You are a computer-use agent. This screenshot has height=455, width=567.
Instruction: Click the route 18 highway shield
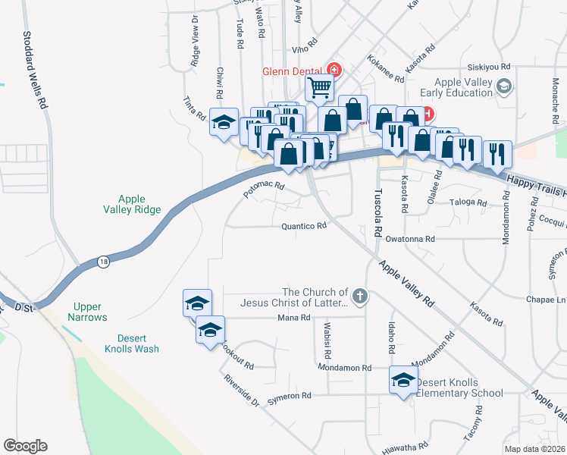103,262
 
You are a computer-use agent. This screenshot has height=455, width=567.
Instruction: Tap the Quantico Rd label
303,226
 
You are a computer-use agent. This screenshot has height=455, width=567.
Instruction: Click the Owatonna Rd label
409,239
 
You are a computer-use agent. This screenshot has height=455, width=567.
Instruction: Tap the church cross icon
359,297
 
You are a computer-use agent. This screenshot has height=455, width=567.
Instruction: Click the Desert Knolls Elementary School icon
403,381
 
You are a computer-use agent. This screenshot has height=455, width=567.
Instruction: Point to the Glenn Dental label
293,71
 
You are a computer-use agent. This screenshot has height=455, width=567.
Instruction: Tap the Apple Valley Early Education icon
503,89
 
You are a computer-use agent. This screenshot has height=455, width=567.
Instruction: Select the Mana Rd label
294,318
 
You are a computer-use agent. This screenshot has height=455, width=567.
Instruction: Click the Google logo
25,446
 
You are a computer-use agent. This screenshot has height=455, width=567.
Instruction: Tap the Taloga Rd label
466,202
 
